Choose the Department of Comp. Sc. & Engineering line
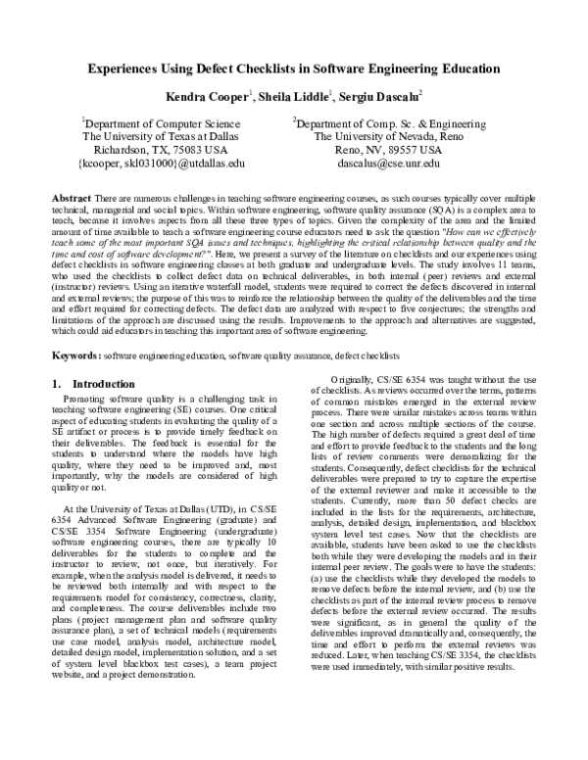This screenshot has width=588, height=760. click(376, 124)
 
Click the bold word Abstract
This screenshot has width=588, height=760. click(73, 198)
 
